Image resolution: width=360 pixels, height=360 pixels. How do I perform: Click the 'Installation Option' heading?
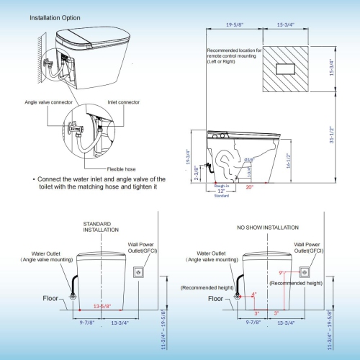[55, 17]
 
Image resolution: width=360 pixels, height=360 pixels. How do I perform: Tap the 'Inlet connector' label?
[124, 102]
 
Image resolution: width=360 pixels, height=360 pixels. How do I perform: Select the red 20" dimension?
[250, 186]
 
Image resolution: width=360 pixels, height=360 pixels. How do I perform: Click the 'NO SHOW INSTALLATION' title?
[267, 227]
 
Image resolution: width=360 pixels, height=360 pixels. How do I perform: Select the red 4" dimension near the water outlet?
[253, 294]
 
